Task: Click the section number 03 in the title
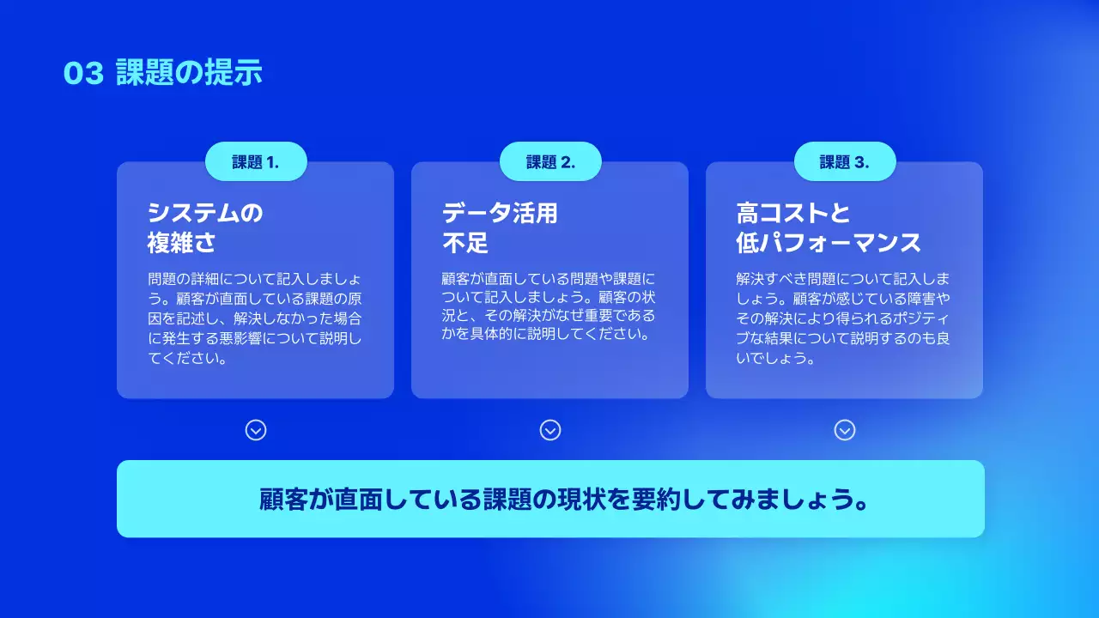coord(83,74)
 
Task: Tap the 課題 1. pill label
coord(256,161)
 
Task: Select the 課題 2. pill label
coord(550,161)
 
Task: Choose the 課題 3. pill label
coord(845,161)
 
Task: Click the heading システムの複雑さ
coord(204,227)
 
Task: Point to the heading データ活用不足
coord(499,227)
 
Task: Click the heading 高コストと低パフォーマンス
coord(829,227)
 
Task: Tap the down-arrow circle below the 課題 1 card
coord(256,430)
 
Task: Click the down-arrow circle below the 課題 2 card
coord(550,430)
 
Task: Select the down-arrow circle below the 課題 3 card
coord(845,430)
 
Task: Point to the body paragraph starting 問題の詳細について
coord(254,318)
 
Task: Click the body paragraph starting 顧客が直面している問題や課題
coord(549,307)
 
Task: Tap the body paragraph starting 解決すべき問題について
coord(843,318)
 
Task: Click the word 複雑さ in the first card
coord(181,243)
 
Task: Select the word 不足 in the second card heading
coord(464,243)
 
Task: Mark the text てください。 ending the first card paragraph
coord(187,359)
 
